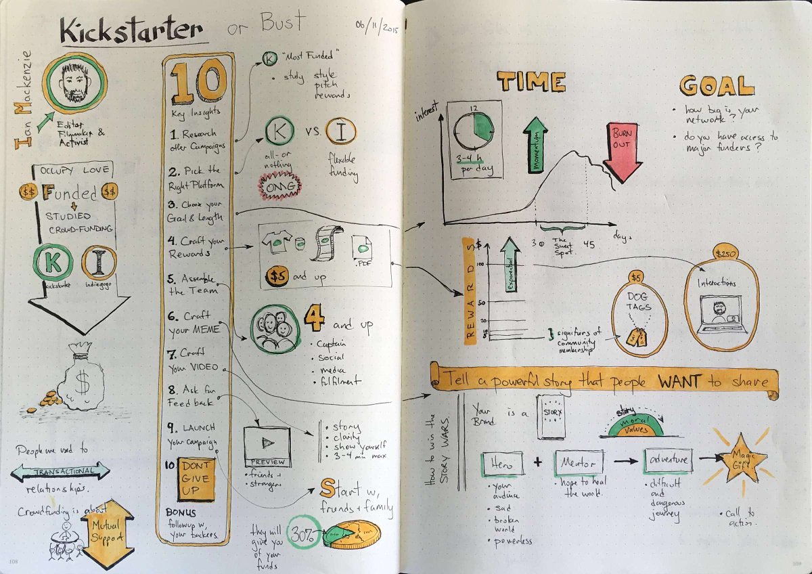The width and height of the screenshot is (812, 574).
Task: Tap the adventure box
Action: point(668,460)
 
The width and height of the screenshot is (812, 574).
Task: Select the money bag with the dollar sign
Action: point(83,380)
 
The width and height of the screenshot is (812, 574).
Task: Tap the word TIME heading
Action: point(531,82)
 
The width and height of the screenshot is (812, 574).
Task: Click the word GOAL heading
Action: point(716,86)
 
